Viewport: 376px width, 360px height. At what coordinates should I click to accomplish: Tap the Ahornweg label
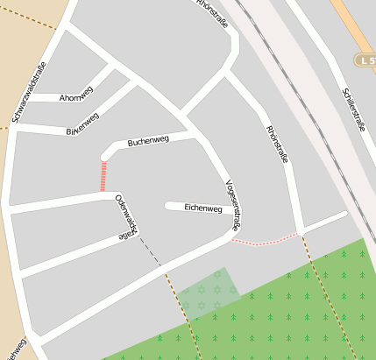click(76, 98)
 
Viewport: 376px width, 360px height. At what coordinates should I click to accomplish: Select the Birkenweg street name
click(83, 124)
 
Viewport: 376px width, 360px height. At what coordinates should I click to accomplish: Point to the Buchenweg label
click(148, 140)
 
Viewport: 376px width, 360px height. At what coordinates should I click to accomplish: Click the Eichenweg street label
click(203, 208)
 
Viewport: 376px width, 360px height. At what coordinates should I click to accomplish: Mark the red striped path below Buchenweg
click(103, 176)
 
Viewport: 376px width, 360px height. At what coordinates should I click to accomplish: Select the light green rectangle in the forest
click(208, 292)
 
